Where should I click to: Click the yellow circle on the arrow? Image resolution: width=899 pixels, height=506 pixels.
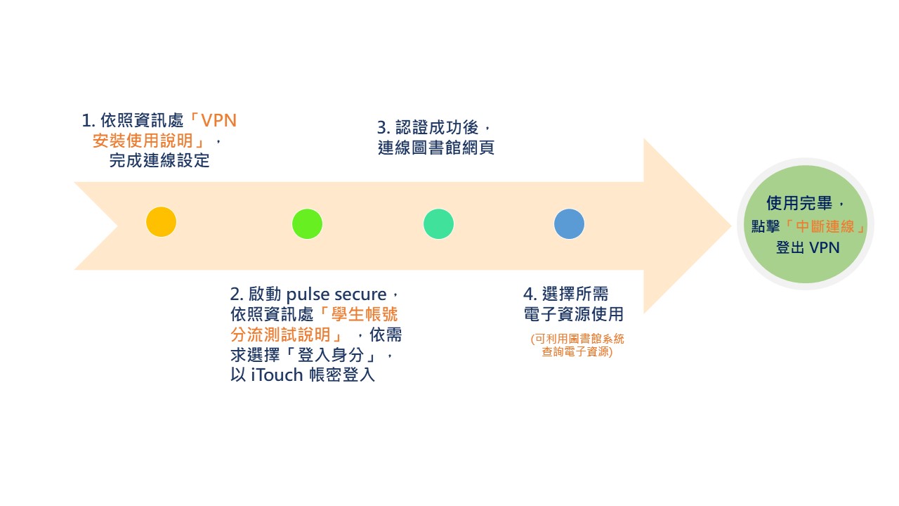pos(161,222)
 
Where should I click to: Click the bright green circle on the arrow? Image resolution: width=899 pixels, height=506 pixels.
pos(307,223)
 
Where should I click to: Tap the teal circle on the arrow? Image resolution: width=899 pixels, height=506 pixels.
pos(438,223)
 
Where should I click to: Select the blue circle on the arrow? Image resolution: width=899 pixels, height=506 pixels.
pos(569,223)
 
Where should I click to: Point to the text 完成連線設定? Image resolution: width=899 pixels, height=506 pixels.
pos(159,160)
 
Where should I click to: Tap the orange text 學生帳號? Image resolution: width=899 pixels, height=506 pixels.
pos(369,313)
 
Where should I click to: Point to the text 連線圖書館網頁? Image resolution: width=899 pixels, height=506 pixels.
pos(435,148)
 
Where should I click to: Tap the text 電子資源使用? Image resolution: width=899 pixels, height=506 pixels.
pos(573,313)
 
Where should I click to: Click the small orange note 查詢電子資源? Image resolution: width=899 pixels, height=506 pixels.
pos(577,352)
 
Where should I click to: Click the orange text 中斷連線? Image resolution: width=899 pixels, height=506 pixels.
pos(825,226)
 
